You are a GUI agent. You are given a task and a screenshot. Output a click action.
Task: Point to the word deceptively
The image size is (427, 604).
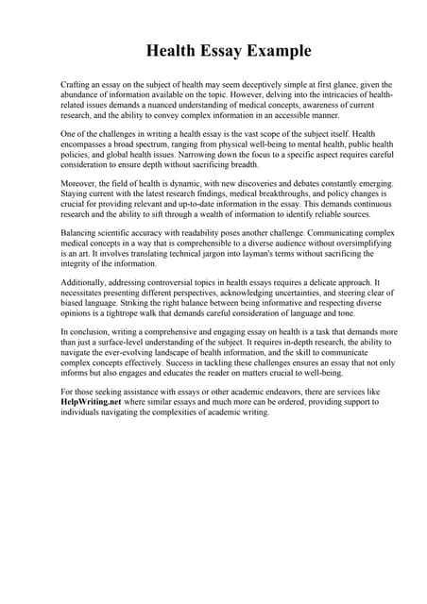click(x=248, y=84)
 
